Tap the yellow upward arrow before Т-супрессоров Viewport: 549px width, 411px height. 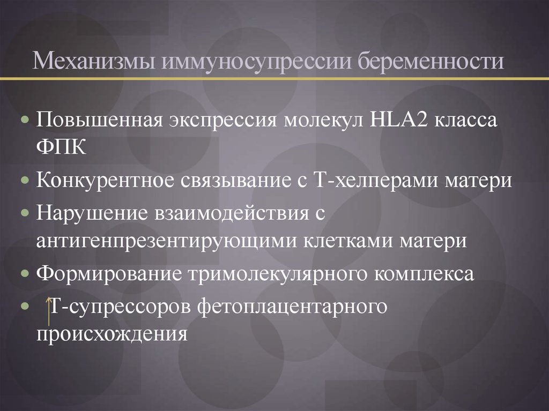click(48, 310)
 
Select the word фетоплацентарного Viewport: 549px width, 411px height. click(293, 307)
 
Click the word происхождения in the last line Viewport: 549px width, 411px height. click(113, 335)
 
